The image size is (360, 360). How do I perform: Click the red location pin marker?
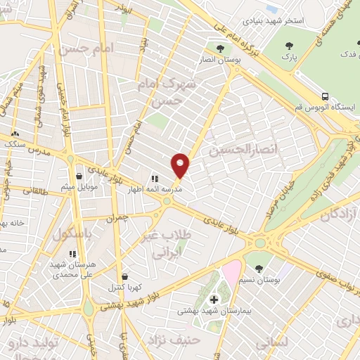181,165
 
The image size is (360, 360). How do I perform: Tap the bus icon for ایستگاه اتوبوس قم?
325,96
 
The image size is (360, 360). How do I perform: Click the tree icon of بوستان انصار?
221,49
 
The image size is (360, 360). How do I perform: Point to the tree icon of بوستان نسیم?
259,269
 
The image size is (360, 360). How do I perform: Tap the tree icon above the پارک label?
287,46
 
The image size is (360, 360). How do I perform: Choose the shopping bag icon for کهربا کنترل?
124,277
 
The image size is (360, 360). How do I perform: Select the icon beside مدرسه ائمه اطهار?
155,179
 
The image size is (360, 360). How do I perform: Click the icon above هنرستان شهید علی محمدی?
72,254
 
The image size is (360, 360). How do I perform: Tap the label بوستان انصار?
221,60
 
